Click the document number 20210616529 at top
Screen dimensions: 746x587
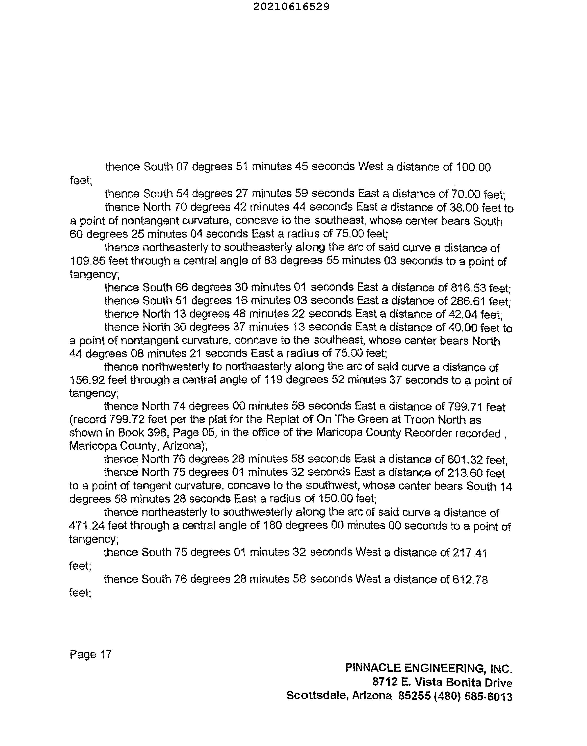pyautogui.click(x=291, y=7)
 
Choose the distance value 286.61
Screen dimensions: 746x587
pyautogui.click(x=468, y=301)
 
